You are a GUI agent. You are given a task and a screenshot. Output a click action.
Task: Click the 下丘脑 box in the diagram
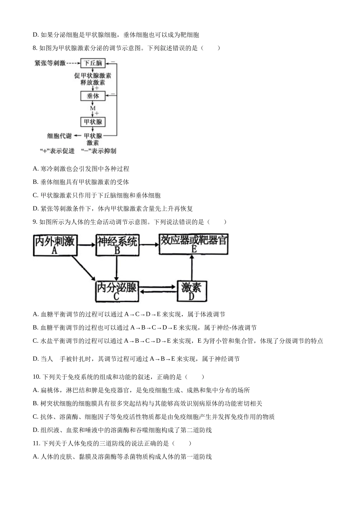(x=93, y=63)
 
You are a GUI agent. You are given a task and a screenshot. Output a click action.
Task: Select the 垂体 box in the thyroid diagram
(x=93, y=96)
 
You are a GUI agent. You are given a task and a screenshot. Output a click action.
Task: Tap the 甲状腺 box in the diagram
(x=93, y=122)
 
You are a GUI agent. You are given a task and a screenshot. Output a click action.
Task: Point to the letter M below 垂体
(x=92, y=108)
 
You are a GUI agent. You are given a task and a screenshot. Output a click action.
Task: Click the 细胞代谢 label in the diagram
(x=59, y=136)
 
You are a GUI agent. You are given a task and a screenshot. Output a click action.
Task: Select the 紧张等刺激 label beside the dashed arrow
(x=50, y=63)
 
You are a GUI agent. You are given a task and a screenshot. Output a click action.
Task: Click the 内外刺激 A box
(x=55, y=245)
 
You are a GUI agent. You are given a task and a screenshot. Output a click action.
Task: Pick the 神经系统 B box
(x=117, y=245)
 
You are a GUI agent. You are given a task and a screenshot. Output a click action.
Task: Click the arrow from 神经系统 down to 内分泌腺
(x=117, y=268)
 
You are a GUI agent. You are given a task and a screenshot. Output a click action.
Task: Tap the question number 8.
(x=35, y=48)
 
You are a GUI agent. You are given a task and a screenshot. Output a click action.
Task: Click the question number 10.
(x=36, y=377)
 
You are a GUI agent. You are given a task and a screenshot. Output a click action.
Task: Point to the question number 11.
(x=36, y=443)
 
